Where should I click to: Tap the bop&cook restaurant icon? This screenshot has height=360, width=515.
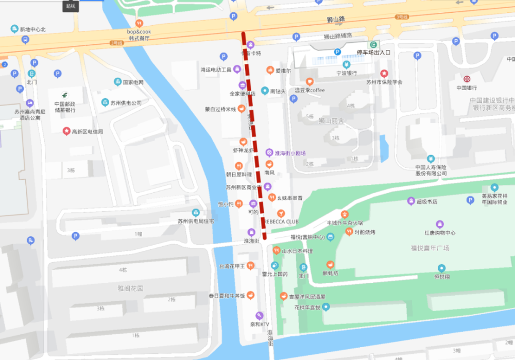click(139, 23)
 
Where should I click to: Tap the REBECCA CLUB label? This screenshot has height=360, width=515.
click(281, 221)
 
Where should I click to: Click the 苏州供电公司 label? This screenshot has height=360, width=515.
click(126, 102)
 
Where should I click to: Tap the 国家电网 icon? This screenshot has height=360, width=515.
click(118, 82)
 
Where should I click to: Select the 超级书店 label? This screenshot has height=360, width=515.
click(427, 201)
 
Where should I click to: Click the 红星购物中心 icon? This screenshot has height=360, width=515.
click(440, 225)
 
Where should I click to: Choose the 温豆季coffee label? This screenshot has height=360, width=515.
click(310, 90)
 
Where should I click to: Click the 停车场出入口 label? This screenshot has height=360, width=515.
click(374, 53)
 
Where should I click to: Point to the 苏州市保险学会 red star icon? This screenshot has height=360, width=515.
click(384, 74)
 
